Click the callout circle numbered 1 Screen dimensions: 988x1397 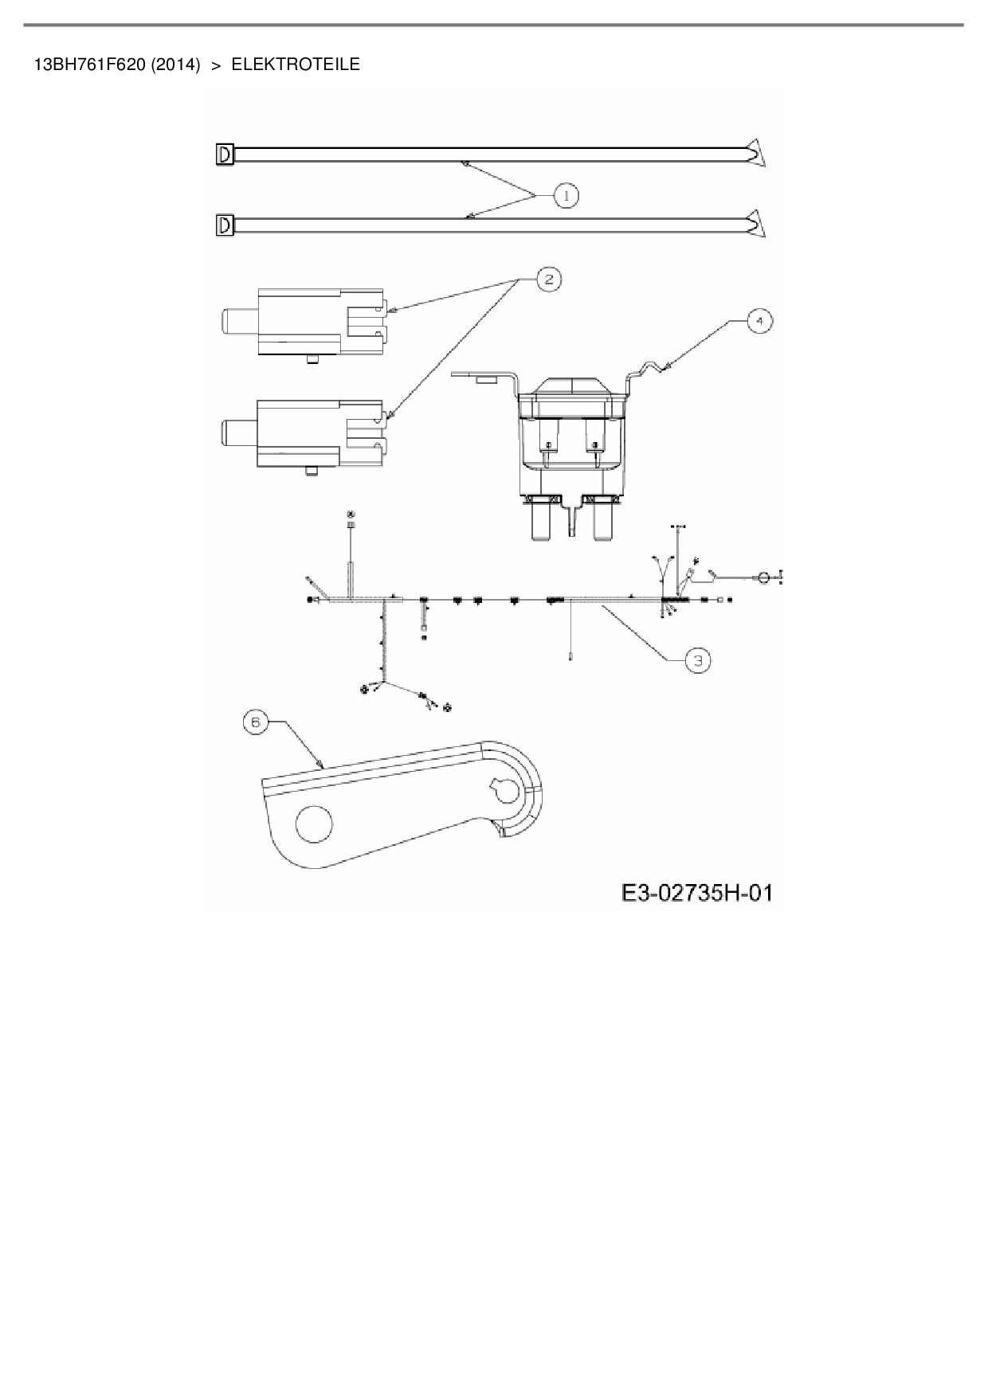click(x=566, y=195)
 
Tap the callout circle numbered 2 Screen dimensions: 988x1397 click(x=548, y=279)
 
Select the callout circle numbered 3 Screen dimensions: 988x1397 click(x=698, y=660)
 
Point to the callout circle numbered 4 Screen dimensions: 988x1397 click(x=759, y=321)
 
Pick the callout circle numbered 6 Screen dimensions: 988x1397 click(x=255, y=722)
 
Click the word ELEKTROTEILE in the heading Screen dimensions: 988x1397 click(x=296, y=65)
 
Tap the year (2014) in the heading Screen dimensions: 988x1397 click(x=175, y=65)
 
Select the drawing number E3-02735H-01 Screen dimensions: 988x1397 click(x=697, y=893)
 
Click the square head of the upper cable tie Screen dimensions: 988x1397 click(x=224, y=154)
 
